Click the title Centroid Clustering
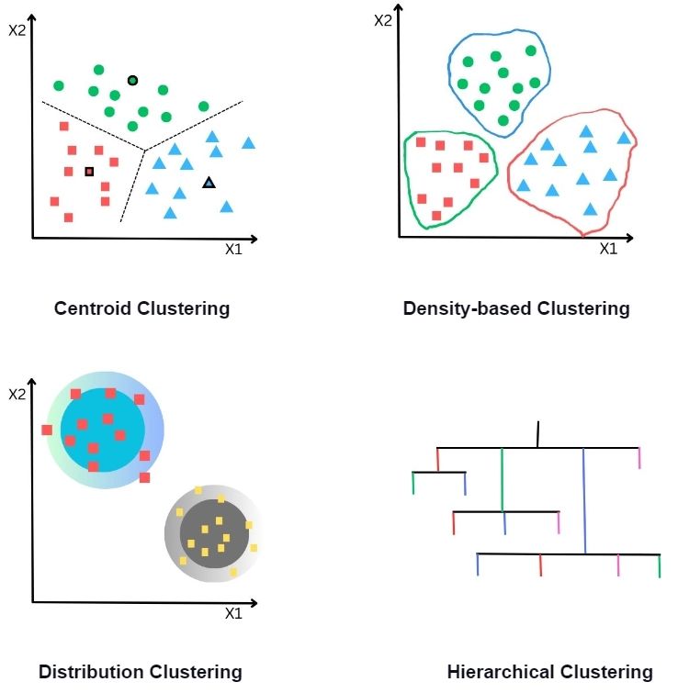click(141, 308)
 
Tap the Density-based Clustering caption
click(516, 308)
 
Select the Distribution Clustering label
click(141, 672)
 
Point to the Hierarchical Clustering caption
click(549, 672)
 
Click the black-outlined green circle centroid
click(132, 81)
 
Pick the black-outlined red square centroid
click(89, 172)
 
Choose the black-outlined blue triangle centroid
click(209, 183)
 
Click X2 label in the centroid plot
click(17, 30)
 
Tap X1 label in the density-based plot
click(608, 249)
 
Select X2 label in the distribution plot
click(17, 395)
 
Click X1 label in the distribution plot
click(232, 612)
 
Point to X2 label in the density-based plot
click(383, 19)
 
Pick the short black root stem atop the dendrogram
click(538, 434)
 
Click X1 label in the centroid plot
click(232, 249)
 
